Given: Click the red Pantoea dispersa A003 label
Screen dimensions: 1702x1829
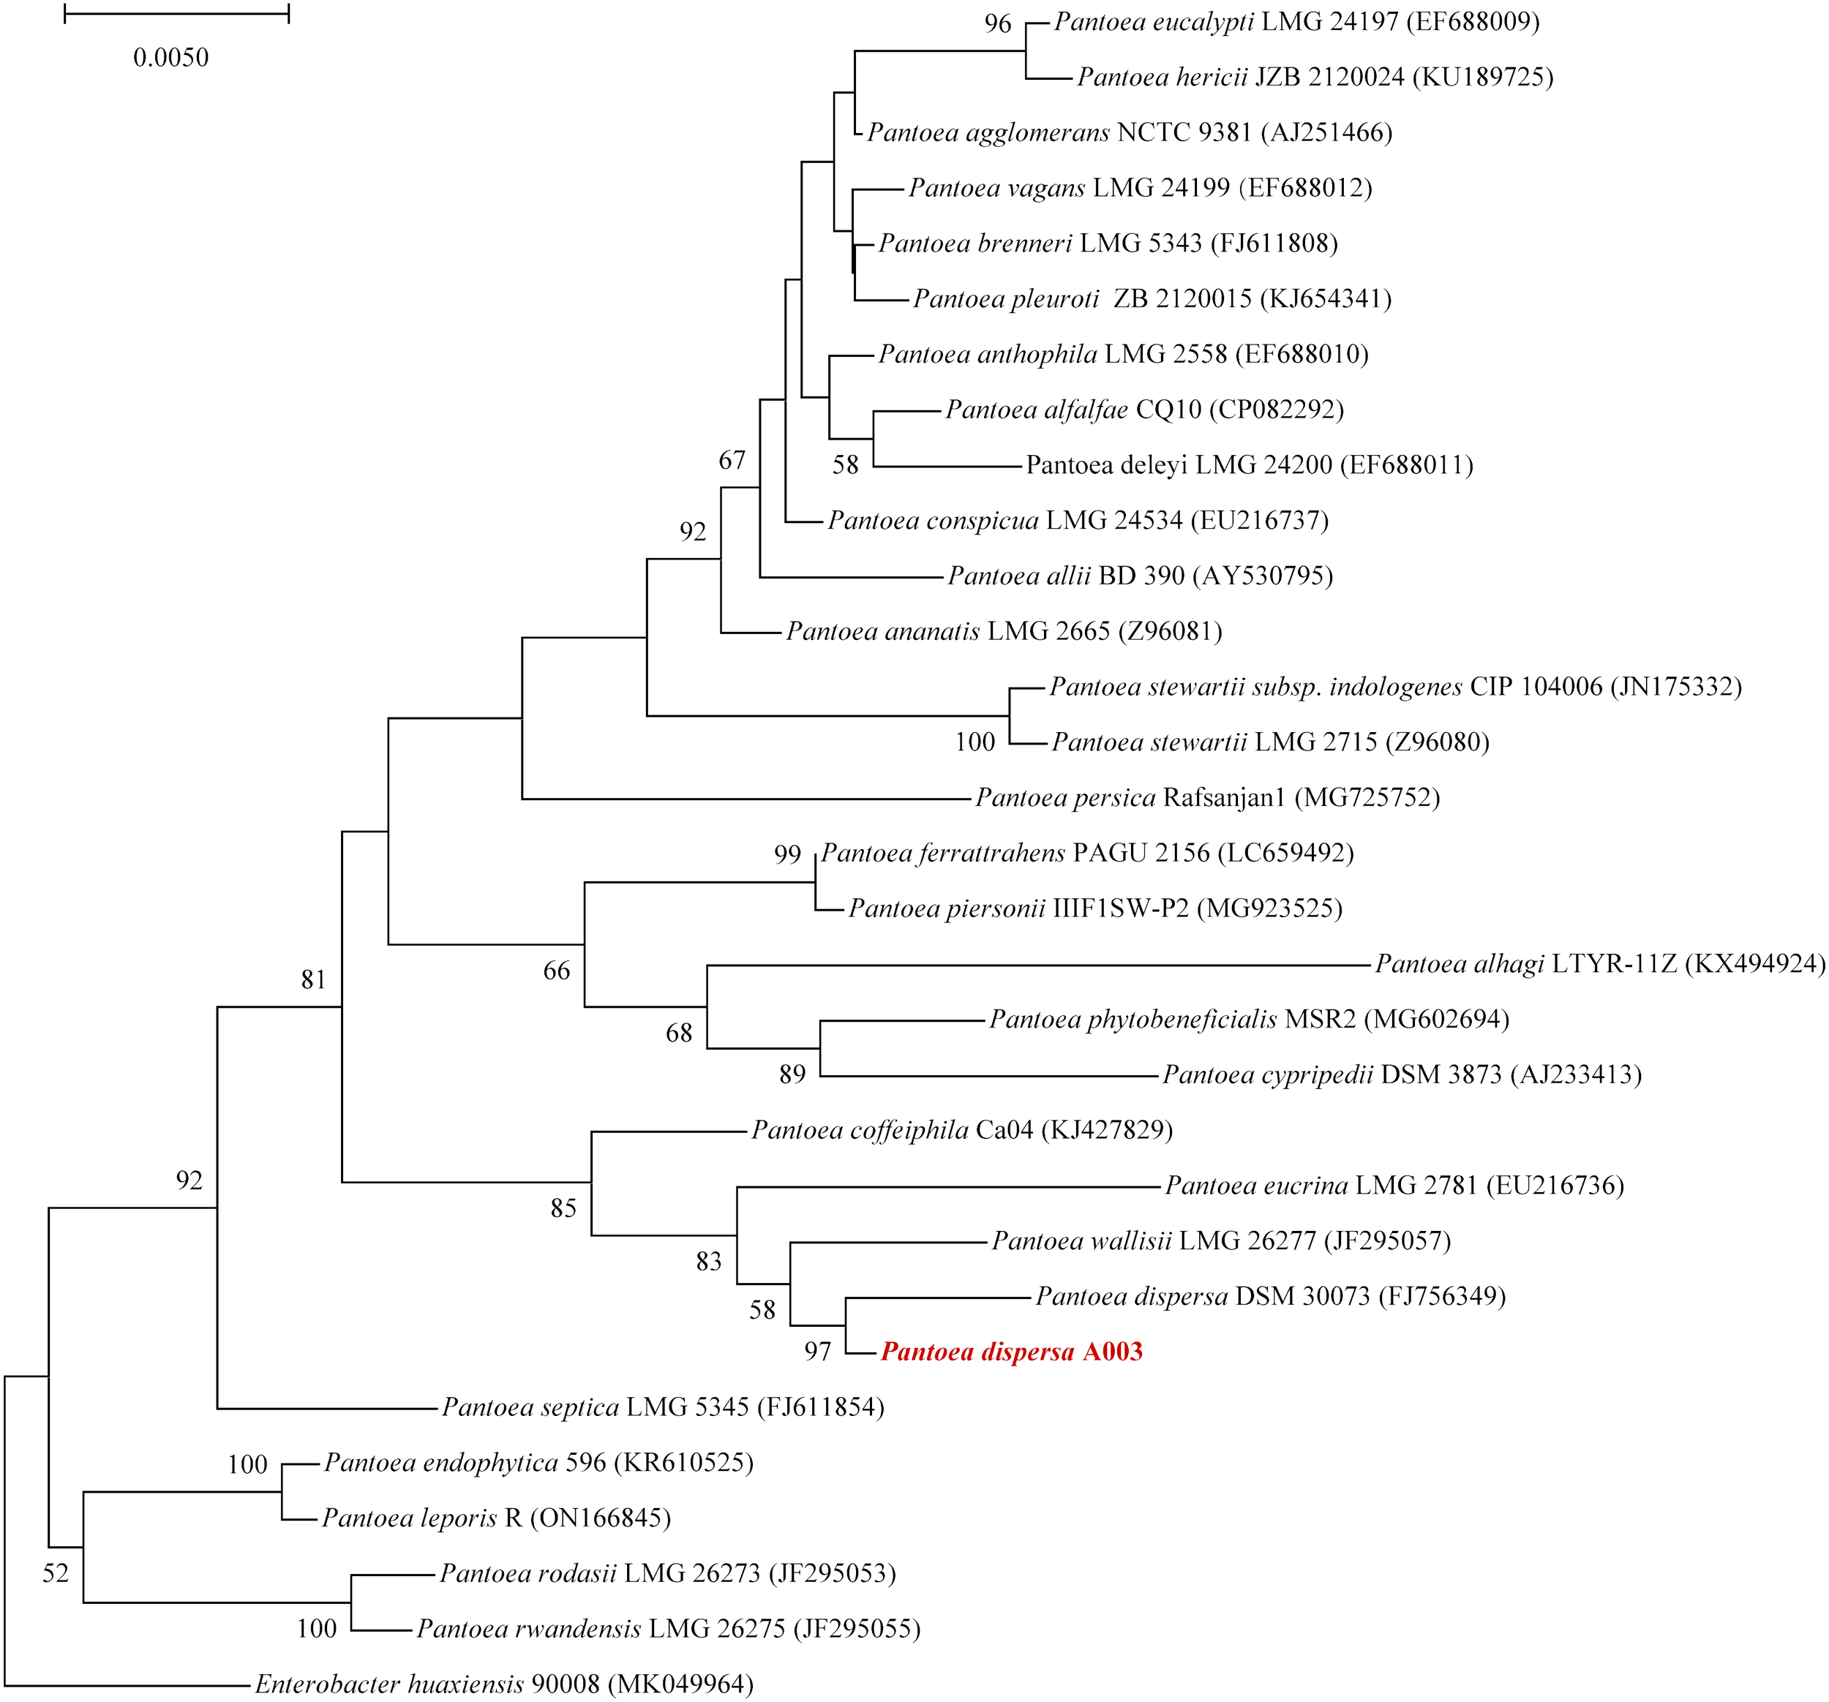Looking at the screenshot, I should click(1011, 1352).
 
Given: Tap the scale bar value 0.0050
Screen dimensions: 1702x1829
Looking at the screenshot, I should click(171, 58).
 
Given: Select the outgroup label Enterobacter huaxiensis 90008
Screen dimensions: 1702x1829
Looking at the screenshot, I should click(504, 1684).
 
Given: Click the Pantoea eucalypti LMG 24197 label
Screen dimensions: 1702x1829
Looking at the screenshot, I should click(1296, 22).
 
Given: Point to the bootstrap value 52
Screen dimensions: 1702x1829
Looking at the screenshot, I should click(56, 1573).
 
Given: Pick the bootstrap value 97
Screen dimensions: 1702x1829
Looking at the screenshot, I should click(817, 1352).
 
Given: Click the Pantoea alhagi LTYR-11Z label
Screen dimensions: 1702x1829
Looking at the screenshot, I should click(1599, 964).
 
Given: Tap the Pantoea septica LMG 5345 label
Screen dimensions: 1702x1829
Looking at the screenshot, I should click(662, 1407).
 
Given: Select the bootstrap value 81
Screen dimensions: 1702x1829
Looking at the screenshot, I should click(314, 980).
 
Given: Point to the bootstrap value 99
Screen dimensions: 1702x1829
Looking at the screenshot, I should click(787, 855).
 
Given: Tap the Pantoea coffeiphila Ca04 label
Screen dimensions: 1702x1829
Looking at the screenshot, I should click(961, 1130).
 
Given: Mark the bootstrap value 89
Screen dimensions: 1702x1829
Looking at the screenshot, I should click(792, 1074).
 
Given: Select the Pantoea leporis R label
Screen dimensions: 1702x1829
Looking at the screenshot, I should click(496, 1518).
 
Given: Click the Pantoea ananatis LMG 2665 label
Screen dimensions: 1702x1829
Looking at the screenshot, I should click(1004, 631).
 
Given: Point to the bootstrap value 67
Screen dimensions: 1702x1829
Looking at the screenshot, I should click(732, 460).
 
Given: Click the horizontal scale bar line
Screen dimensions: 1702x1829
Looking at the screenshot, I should click(176, 14).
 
